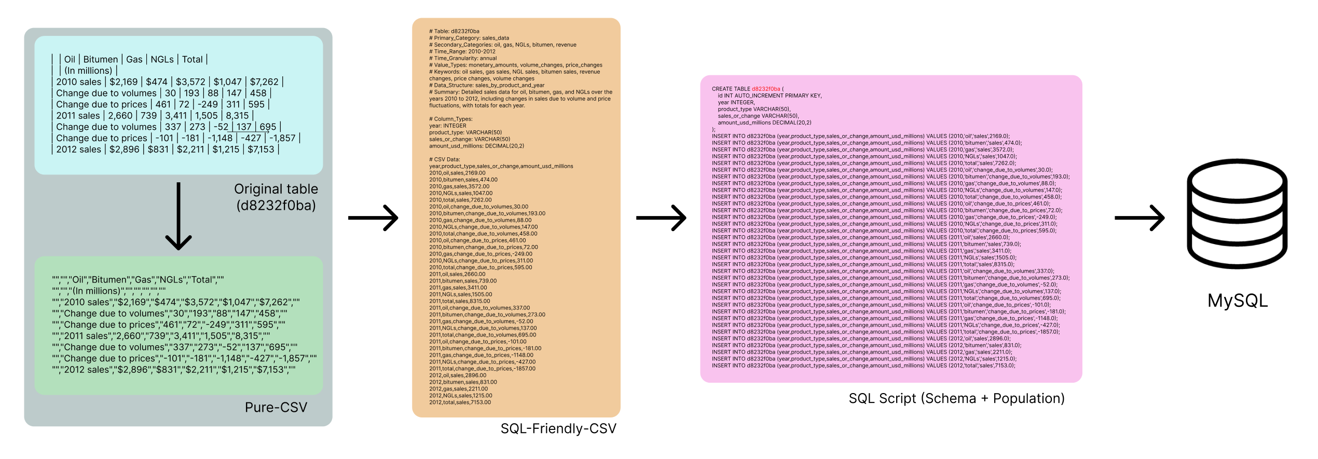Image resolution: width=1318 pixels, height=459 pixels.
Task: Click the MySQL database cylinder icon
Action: point(1237,213)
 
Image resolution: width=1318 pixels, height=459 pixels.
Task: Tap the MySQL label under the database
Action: point(1238,301)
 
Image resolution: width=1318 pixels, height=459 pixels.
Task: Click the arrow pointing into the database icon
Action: point(1139,218)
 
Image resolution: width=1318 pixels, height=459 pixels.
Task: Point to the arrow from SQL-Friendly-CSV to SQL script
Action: point(661,218)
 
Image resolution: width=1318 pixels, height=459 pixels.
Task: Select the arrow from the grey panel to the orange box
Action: point(373,218)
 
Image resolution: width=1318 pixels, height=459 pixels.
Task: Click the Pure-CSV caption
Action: point(276,408)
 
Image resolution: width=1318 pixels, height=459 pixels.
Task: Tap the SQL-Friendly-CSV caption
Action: point(558,428)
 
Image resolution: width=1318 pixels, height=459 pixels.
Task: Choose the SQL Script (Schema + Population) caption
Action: point(956,398)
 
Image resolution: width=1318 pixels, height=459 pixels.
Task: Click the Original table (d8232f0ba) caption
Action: point(276,197)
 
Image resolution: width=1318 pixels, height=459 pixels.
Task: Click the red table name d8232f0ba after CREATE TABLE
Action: point(766,89)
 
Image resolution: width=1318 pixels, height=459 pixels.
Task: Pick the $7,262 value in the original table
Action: point(264,82)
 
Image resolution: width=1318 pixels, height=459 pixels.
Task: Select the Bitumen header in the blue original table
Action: point(101,60)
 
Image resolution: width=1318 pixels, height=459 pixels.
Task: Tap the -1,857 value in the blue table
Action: point(283,138)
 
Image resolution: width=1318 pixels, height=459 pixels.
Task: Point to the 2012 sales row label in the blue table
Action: point(79,150)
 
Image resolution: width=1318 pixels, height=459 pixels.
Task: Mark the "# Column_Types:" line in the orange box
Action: point(450,119)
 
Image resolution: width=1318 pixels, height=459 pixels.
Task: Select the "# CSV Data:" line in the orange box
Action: point(444,159)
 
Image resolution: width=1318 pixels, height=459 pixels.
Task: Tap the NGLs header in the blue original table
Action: point(162,60)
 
